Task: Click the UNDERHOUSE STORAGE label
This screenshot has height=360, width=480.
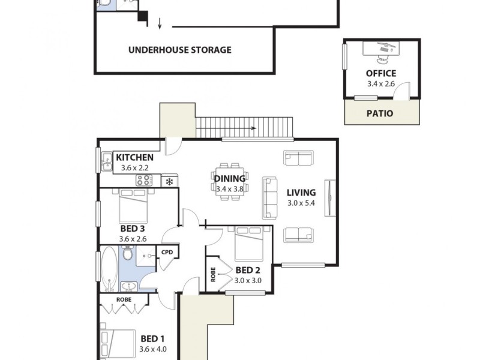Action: [x=179, y=50]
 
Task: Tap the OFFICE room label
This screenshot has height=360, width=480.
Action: [x=381, y=74]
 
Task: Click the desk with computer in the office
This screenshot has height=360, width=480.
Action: [x=382, y=52]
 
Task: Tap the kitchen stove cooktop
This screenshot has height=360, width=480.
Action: [x=144, y=180]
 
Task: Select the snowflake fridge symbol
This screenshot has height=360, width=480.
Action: [x=169, y=181]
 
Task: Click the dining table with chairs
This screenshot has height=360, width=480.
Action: [x=229, y=178]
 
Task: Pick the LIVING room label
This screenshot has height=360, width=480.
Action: [x=301, y=193]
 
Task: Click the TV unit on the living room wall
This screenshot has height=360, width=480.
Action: [x=328, y=197]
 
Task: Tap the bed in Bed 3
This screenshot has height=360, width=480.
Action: [x=133, y=205]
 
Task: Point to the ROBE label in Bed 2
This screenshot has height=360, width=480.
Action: [x=213, y=274]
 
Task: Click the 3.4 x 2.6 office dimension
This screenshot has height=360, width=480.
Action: [x=381, y=84]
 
